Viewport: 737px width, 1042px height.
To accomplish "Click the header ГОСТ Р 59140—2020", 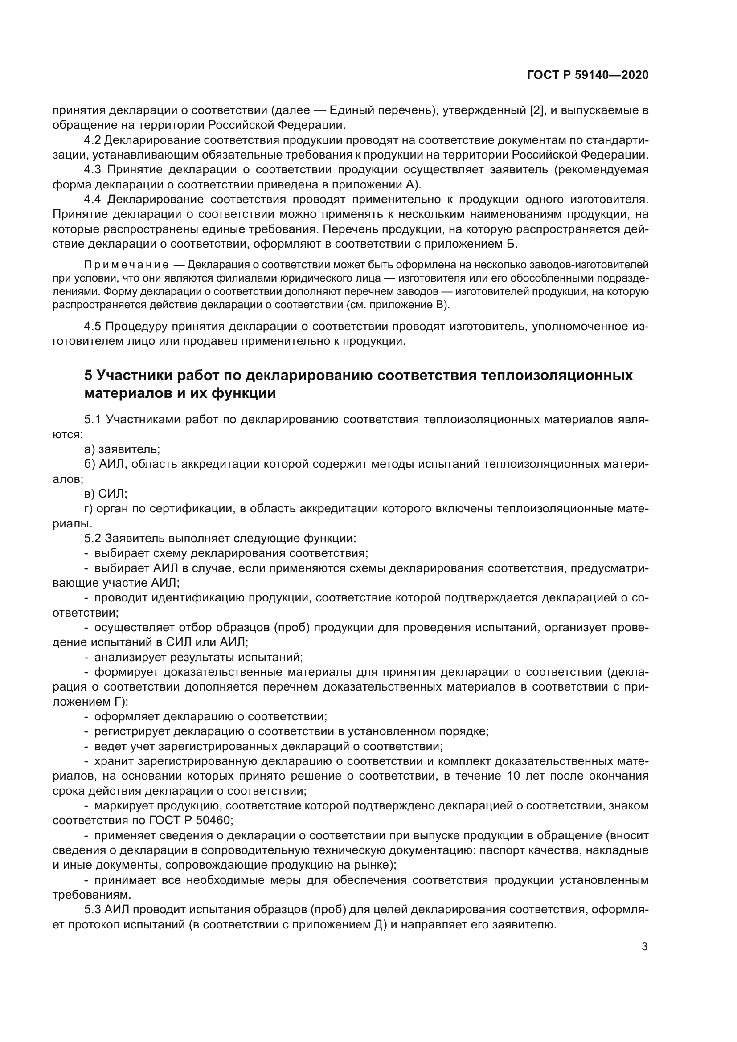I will [588, 75].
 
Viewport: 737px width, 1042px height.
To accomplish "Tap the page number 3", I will [644, 946].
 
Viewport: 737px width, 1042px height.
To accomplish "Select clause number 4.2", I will [93, 140].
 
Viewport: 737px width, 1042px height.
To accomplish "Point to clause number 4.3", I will [93, 170].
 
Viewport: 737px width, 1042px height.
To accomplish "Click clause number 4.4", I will [93, 199].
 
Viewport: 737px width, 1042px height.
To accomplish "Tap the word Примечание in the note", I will [127, 265].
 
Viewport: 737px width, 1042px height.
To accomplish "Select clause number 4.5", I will [93, 326].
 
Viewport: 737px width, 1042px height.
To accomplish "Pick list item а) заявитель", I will [122, 449].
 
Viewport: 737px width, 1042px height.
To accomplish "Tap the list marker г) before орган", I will [89, 509].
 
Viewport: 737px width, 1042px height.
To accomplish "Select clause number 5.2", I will [93, 538].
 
